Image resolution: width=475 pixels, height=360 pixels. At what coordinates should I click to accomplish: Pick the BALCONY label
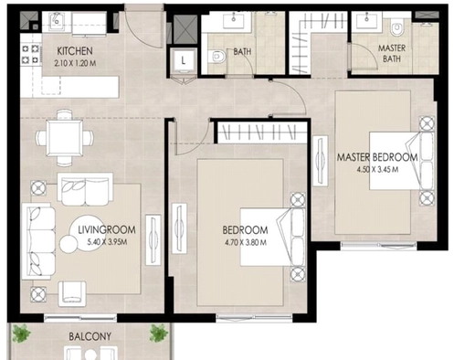point(90,336)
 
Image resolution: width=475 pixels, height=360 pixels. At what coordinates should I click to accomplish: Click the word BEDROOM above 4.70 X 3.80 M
point(245,230)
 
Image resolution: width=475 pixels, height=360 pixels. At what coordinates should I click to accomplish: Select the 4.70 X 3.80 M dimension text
point(245,243)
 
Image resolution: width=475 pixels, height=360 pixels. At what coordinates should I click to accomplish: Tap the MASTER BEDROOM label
point(376,157)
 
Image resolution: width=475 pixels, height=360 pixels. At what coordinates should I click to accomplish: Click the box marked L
point(185,61)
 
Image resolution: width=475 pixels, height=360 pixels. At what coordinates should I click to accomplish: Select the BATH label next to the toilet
point(242,52)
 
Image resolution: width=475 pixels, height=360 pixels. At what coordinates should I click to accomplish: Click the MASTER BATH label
point(393,54)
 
